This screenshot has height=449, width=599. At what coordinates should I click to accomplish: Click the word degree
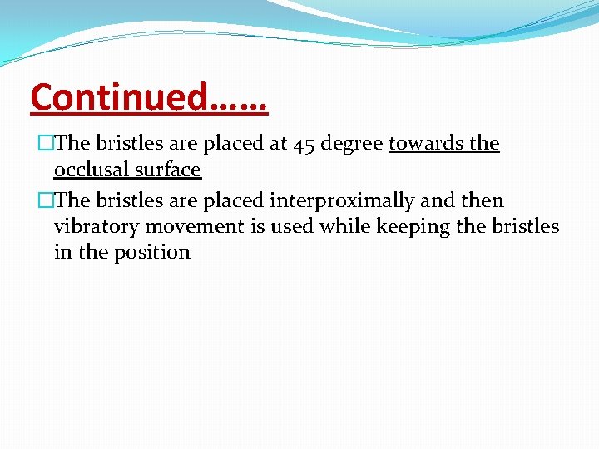point(353,145)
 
